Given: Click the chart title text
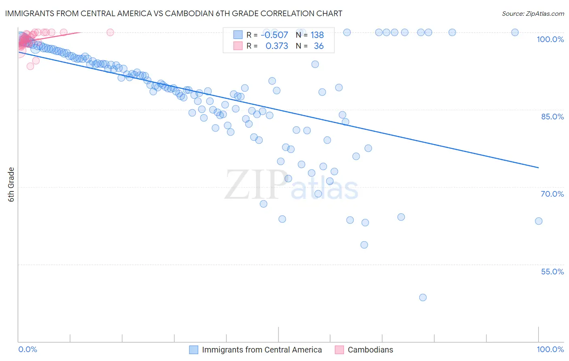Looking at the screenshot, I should point(174,13).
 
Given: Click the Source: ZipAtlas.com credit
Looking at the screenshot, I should point(533,13).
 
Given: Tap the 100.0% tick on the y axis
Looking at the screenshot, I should point(550,39).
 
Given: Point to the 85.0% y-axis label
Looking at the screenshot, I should point(552,117).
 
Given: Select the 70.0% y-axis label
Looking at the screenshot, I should point(552,194).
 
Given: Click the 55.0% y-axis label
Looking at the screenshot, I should point(552,272).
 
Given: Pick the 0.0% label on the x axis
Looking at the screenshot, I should point(28,349).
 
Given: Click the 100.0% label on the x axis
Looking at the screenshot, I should point(550,349).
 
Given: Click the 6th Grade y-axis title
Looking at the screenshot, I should point(11,185).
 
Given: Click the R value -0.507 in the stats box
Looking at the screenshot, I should point(274,35).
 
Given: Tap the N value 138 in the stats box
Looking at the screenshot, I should point(317,35).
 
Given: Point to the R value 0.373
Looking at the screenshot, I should point(277,46).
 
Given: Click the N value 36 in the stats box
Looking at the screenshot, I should point(318,46).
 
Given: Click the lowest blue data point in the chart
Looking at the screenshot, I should point(423,297).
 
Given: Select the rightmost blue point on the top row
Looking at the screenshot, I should point(515,32).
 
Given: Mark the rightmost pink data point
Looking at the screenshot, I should point(110,32).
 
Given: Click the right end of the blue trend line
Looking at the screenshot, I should point(539,168).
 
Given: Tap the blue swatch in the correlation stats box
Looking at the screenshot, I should point(238,35).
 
